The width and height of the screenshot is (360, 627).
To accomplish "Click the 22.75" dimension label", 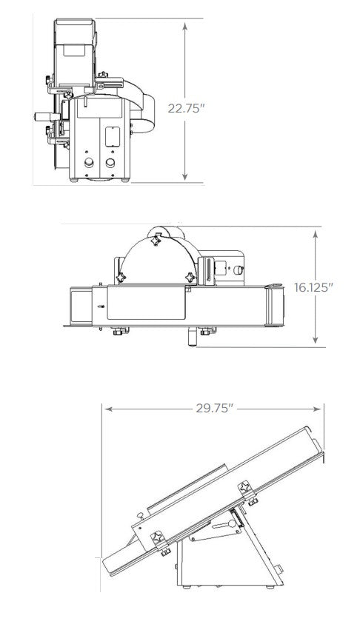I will coord(186,108).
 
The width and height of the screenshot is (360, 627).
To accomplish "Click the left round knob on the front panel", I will coord(88,163).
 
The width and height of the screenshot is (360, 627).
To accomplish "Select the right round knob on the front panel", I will coord(110,163).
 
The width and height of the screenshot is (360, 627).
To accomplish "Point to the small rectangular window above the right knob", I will coord(113,137).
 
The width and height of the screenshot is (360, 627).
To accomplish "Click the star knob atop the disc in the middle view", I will coord(156,241).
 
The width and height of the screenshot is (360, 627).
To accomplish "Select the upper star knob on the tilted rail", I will coord(243,490).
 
